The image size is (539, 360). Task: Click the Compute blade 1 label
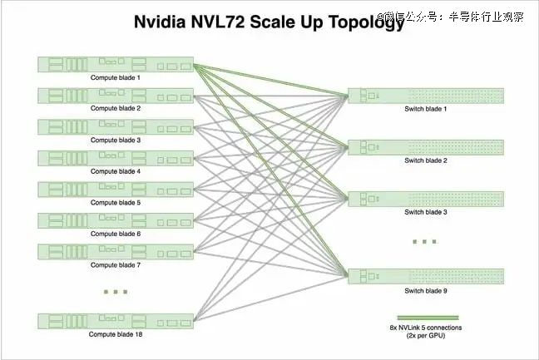click(116, 77)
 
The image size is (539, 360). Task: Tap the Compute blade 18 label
click(116, 334)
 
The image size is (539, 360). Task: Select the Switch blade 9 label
click(426, 291)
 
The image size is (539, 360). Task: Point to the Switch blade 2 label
click(426, 160)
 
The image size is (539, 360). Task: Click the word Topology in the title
click(367, 22)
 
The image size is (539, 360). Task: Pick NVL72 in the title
click(218, 22)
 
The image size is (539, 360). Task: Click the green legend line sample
click(428, 318)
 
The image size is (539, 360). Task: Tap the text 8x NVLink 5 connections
click(426, 328)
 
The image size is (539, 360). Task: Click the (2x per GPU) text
click(426, 336)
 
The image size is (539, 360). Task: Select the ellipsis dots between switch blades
click(424, 242)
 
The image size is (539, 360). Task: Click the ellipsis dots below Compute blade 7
click(116, 292)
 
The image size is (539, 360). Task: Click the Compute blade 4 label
click(116, 171)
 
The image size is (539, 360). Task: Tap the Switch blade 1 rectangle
click(426, 96)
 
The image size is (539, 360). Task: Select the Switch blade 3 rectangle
click(426, 200)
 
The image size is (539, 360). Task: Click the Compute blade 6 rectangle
click(116, 220)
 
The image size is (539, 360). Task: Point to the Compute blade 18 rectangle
click(116, 321)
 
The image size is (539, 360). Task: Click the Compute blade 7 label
click(116, 265)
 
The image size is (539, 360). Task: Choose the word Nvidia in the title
click(160, 22)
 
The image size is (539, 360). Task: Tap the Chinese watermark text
click(450, 17)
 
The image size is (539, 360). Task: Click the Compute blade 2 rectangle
click(116, 96)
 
